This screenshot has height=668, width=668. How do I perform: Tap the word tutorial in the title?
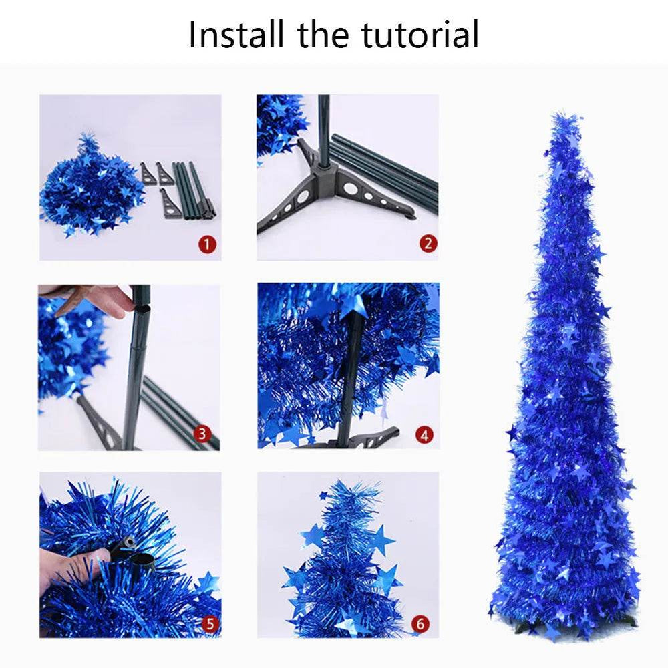coord(420,35)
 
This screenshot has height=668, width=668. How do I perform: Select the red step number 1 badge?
coord(208,244)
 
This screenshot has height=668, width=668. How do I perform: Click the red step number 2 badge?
coord(428,244)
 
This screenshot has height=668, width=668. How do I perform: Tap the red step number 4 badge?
coord(424,435)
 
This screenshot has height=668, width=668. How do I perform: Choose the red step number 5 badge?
coord(210,624)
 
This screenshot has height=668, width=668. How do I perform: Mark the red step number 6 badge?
coord(420,624)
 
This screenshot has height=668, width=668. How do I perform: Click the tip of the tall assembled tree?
coord(566,119)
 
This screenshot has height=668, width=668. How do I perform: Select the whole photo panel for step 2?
coord(348,177)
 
